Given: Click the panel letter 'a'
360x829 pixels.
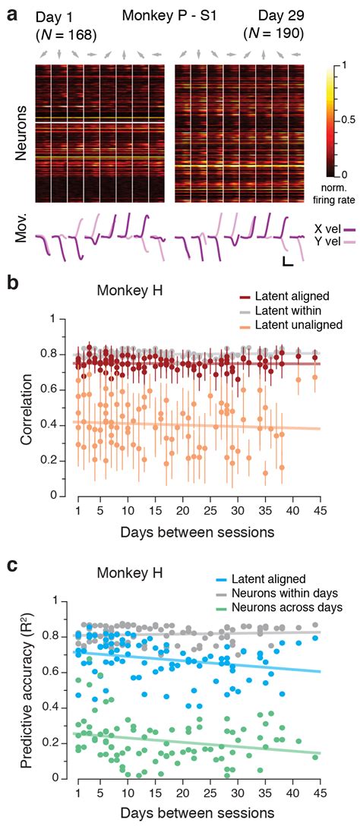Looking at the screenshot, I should [x=8, y=10].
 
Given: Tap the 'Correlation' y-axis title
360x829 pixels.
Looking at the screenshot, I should [x=30, y=408].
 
